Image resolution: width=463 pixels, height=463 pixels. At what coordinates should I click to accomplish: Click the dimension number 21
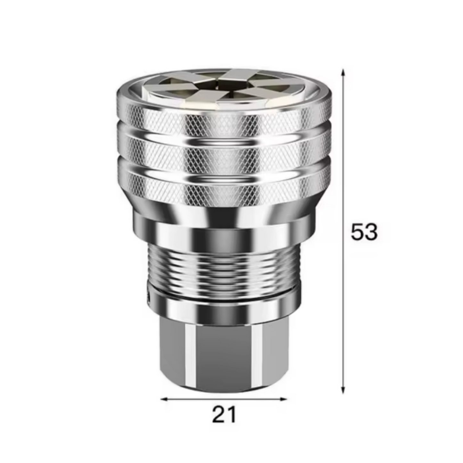pyautogui.click(x=224, y=415)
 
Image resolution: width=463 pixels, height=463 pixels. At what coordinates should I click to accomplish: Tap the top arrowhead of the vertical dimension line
pyautogui.click(x=343, y=72)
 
